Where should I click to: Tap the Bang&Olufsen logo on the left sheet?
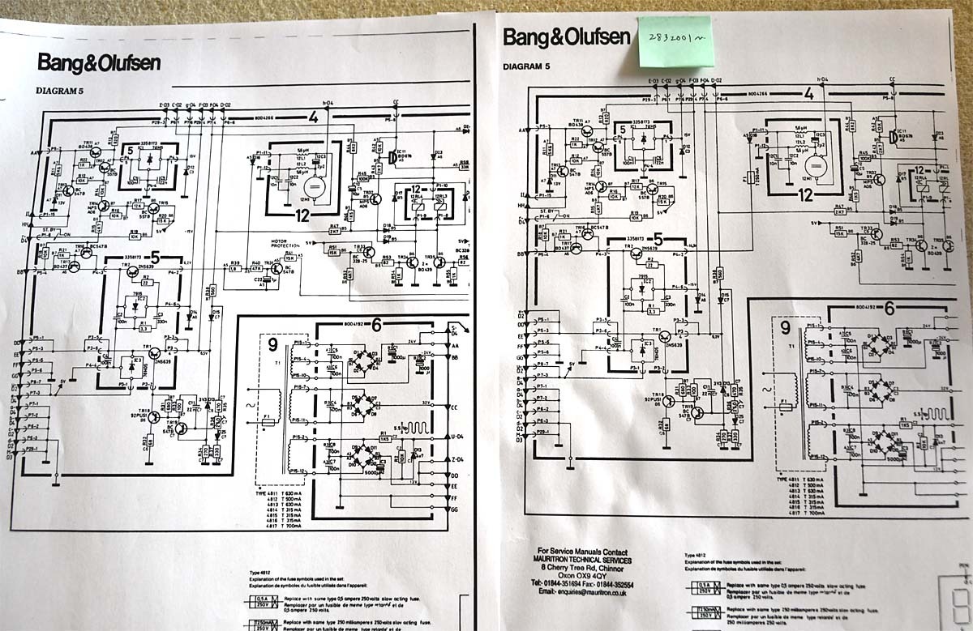(x=99, y=62)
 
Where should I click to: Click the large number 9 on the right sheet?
(x=784, y=328)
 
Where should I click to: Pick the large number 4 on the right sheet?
(x=808, y=93)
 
